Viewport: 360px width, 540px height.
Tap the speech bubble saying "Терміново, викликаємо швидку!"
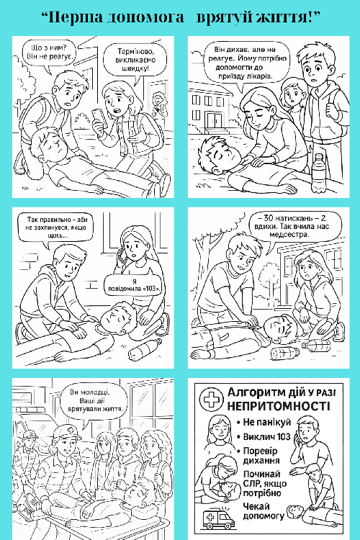click(135, 59)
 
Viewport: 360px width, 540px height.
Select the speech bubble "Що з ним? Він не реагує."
click(48, 53)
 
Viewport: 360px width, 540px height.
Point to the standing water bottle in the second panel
click(319, 172)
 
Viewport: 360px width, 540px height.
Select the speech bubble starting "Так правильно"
click(56, 228)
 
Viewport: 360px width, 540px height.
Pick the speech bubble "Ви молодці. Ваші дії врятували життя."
click(94, 401)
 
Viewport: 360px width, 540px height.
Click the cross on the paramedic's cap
click(71, 430)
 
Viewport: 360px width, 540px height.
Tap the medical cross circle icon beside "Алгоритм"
click(212, 399)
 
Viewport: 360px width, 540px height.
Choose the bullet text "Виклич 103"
click(266, 437)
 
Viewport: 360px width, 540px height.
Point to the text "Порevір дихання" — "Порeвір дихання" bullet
click(261, 455)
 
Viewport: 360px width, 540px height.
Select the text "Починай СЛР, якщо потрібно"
click(264, 483)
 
